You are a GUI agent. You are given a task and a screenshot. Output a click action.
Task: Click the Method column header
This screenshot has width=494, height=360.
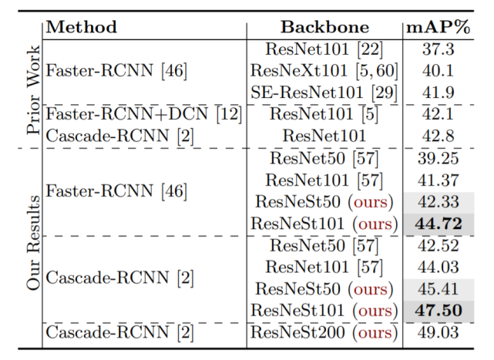coord(82,27)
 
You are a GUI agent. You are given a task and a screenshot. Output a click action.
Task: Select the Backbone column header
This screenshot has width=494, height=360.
coord(324,27)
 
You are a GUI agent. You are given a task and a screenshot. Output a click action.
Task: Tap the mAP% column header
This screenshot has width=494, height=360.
coord(439,27)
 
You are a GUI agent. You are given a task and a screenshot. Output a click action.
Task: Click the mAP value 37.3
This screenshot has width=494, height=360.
coord(439,49)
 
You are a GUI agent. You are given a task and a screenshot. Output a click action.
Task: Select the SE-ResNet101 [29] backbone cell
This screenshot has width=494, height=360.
coord(324,93)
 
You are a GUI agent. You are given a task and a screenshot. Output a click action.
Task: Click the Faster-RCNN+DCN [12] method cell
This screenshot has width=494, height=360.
coord(144,114)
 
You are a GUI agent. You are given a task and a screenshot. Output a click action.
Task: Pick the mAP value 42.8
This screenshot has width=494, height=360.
coord(439,136)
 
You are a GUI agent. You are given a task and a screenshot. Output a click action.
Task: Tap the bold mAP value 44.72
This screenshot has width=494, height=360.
coord(439,224)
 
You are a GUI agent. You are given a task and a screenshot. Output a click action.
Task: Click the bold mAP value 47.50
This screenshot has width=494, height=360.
coord(439,311)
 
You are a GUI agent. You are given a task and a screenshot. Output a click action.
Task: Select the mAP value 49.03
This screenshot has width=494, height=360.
coord(439,332)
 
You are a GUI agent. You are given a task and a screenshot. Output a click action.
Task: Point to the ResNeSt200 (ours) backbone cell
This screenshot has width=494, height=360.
coord(324,332)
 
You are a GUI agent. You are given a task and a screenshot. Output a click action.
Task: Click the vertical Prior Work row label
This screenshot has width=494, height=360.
coord(33,90)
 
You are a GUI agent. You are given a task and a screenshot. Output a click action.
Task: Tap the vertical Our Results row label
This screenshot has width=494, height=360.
coord(33,243)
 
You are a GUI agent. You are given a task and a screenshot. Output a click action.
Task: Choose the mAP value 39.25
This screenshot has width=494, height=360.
coord(439,158)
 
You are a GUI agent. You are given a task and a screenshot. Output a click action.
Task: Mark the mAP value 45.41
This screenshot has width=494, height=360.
coord(439,289)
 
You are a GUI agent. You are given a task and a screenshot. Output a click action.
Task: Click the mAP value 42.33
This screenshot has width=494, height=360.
coord(439,202)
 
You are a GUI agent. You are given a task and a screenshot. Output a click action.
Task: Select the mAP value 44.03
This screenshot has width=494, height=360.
coord(439,267)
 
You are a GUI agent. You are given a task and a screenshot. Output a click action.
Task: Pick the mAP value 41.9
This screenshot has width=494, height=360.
coord(439,93)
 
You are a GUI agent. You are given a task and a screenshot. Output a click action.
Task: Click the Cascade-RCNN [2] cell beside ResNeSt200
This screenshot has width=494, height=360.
coord(119,332)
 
